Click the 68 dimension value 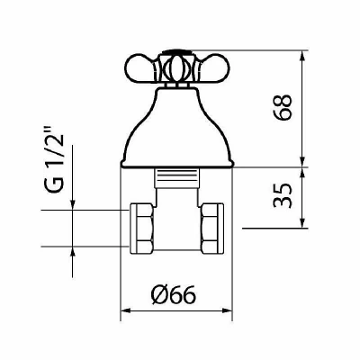(283, 108)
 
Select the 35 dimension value (283, 195)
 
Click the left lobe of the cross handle (139, 67)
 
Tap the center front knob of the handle (176, 68)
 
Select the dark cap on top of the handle (176, 52)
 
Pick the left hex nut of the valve (141, 229)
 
